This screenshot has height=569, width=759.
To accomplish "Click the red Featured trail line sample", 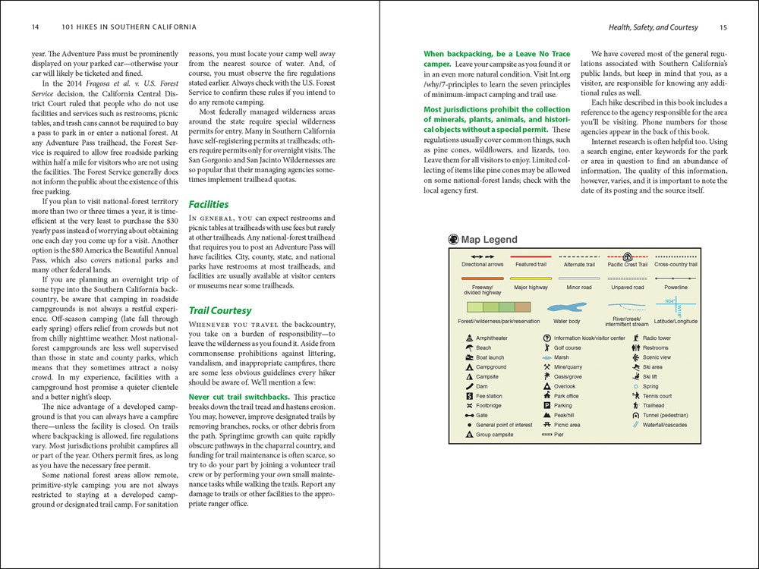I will [x=531, y=257].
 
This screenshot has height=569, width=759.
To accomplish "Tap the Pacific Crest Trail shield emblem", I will [x=628, y=256].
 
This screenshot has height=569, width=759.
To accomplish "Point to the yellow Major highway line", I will [x=531, y=279].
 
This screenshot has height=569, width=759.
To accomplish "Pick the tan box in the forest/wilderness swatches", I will [x=522, y=307].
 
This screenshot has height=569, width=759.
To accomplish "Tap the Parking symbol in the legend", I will [x=547, y=406].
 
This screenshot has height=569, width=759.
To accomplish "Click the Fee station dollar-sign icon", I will [x=470, y=396].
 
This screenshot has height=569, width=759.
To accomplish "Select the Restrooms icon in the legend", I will [x=635, y=347].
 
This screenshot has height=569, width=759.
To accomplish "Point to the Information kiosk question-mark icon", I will [x=547, y=338].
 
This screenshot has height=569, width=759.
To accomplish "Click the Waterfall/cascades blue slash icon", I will [x=635, y=425].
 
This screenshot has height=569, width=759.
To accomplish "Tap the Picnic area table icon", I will [x=547, y=425].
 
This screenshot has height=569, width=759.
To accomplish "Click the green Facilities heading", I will [x=209, y=204].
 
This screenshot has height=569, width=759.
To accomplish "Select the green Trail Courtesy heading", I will [x=220, y=310].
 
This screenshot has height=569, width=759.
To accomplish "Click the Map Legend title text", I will [x=489, y=240].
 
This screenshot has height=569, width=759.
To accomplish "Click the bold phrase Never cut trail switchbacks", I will [x=238, y=397].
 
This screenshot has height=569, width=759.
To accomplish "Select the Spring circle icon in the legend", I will [x=635, y=386].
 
